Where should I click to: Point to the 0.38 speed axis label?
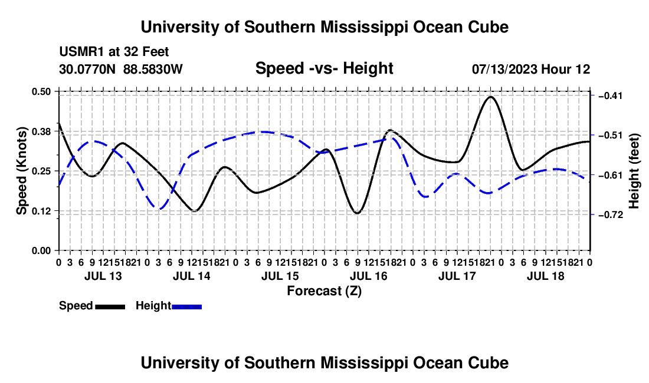click(41, 131)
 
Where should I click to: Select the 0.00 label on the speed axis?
click(41, 251)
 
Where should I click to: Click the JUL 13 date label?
click(103, 276)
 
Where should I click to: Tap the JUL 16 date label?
click(368, 276)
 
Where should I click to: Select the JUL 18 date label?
click(546, 276)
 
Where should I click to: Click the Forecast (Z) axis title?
click(324, 291)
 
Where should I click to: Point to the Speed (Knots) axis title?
click(21, 171)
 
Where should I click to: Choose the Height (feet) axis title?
click(634, 171)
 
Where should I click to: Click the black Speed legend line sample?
click(110, 307)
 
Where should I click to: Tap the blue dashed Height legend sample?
click(186, 307)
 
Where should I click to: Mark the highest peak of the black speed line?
click(491, 97)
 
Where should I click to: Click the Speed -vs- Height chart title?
click(324, 68)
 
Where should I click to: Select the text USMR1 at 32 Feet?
click(114, 52)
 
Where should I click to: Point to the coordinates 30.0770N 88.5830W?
click(120, 69)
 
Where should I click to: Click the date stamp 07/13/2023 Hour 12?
click(531, 69)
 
